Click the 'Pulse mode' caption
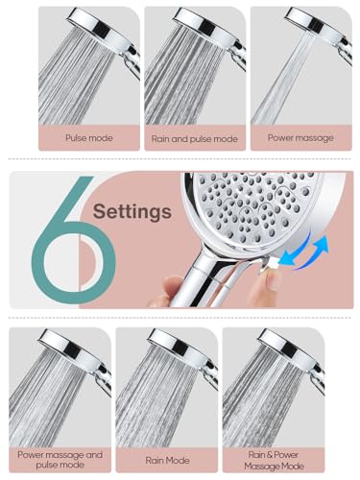(88, 138)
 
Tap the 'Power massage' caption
(300, 138)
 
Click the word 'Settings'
(132, 209)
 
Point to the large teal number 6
(73, 238)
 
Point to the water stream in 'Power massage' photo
(288, 82)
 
